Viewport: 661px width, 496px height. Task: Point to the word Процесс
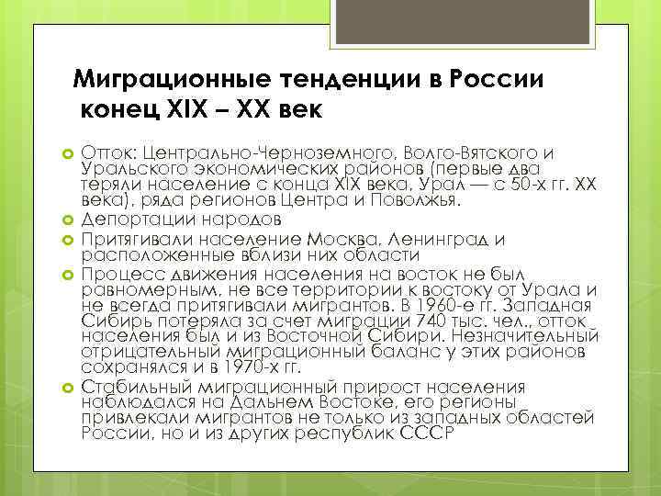tap(115, 273)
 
